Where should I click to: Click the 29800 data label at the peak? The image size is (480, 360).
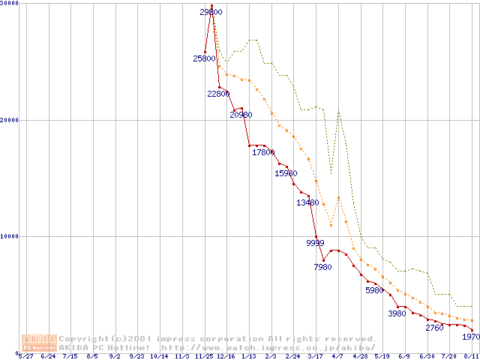pyautogui.click(x=211, y=12)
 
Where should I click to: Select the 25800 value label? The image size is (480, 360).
pyautogui.click(x=204, y=58)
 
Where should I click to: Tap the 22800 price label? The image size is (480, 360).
pyautogui.click(x=219, y=94)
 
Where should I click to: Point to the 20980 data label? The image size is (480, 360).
pyautogui.click(x=241, y=115)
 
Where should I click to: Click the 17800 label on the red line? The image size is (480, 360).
pyautogui.click(x=263, y=152)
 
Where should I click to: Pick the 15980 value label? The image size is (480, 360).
pyautogui.click(x=286, y=173)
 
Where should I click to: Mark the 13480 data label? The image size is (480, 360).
pyautogui.click(x=307, y=202)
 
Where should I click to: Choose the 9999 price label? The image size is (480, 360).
pyautogui.click(x=316, y=243)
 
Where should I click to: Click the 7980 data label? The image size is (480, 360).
pyautogui.click(x=322, y=267)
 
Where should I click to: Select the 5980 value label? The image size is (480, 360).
pyautogui.click(x=374, y=290)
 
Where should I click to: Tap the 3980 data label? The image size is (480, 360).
pyautogui.click(x=397, y=313)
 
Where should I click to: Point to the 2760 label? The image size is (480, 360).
pyautogui.click(x=434, y=328)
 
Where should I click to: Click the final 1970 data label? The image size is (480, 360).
pyautogui.click(x=471, y=337)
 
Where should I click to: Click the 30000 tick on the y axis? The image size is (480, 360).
pyautogui.click(x=10, y=4)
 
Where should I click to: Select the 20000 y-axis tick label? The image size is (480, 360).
pyautogui.click(x=10, y=120)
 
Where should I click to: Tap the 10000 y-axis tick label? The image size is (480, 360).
pyautogui.click(x=10, y=236)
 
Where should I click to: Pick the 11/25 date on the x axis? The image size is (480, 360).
pyautogui.click(x=204, y=357)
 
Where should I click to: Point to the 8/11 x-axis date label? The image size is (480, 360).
pyautogui.click(x=471, y=357)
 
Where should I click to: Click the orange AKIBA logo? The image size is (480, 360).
pyautogui.click(x=39, y=343)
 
